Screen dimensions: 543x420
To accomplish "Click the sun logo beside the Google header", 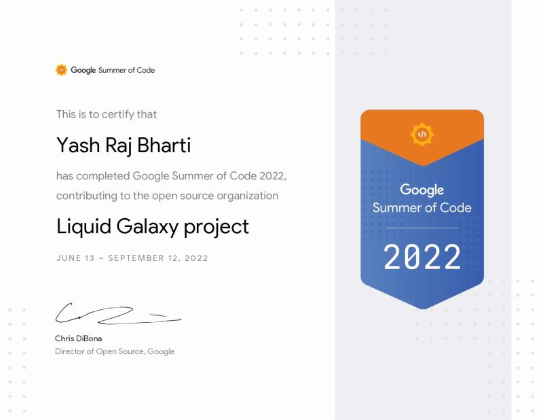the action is [x=61, y=70].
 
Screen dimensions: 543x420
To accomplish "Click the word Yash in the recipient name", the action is [x=78, y=145].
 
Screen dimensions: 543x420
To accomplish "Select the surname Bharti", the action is [x=164, y=145].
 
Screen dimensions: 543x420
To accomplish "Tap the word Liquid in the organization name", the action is [x=83, y=227].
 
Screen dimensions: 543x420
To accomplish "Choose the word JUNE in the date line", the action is [x=69, y=258].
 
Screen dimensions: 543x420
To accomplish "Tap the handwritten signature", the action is [x=117, y=313].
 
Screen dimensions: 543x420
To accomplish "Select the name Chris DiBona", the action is [x=78, y=338].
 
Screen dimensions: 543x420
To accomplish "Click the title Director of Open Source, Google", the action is [x=115, y=351].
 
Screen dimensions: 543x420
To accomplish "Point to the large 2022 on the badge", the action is [x=422, y=257].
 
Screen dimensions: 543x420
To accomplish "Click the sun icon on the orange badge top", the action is [x=422, y=134].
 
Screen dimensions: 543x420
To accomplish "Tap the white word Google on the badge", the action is [x=422, y=190].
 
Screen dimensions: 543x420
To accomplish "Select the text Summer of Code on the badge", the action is [x=422, y=208].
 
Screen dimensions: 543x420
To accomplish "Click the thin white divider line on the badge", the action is [x=422, y=228].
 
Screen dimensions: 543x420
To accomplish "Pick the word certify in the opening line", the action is [x=117, y=114].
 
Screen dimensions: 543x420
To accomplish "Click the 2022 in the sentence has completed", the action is [x=273, y=176].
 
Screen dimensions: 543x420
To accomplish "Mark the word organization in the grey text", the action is [x=247, y=196].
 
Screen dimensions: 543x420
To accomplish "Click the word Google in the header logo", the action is [x=83, y=70].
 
